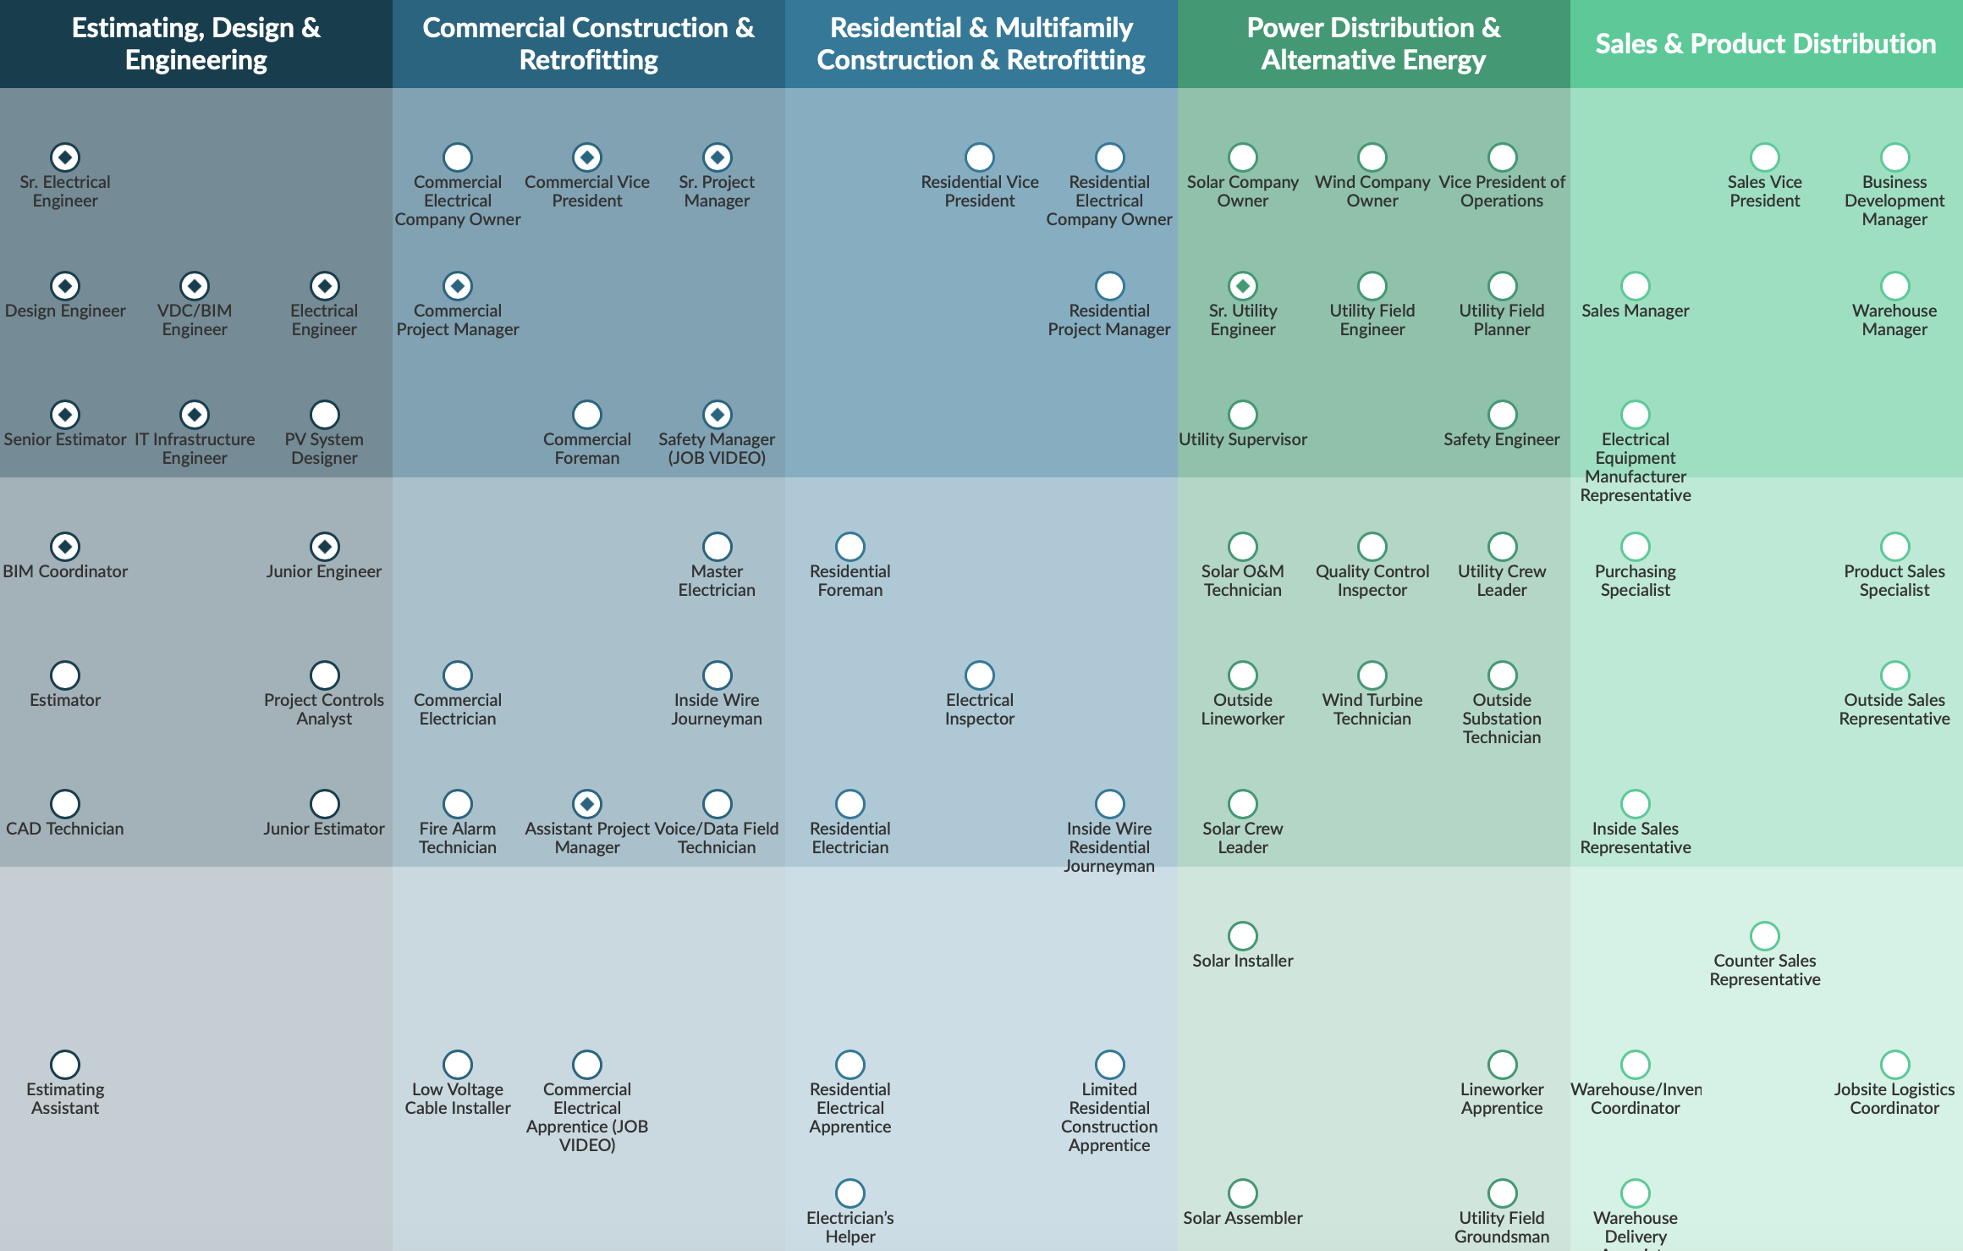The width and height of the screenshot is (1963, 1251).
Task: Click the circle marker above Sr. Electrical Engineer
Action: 65,157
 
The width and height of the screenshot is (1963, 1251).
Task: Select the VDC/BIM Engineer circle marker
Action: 195,286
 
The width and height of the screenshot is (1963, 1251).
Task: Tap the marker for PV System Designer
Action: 324,415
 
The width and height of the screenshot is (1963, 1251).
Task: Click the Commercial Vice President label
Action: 586,191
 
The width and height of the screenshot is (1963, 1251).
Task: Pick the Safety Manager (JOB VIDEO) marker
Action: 717,415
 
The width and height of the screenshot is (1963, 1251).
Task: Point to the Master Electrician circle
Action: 717,547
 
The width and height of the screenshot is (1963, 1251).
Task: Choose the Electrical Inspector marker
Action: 979,675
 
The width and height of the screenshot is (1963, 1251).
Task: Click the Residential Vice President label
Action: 979,191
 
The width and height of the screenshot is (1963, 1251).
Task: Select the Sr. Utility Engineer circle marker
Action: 1242,286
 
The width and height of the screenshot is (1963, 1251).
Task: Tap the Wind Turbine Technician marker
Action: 1372,675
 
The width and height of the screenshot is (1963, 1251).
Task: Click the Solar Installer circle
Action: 1242,936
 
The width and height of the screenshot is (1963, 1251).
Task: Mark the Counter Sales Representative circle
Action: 1764,936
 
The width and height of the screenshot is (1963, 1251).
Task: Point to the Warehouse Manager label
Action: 1894,320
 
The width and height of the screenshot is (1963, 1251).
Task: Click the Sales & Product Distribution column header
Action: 1765,44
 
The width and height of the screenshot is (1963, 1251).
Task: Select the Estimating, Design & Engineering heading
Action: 196,44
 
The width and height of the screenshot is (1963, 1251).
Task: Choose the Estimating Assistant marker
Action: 65,1065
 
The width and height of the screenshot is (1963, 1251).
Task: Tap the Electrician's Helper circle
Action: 850,1193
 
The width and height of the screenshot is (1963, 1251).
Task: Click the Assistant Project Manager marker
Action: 586,804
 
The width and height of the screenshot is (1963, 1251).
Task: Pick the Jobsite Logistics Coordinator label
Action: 1894,1099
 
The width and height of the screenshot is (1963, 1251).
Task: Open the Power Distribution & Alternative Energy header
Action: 1372,44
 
